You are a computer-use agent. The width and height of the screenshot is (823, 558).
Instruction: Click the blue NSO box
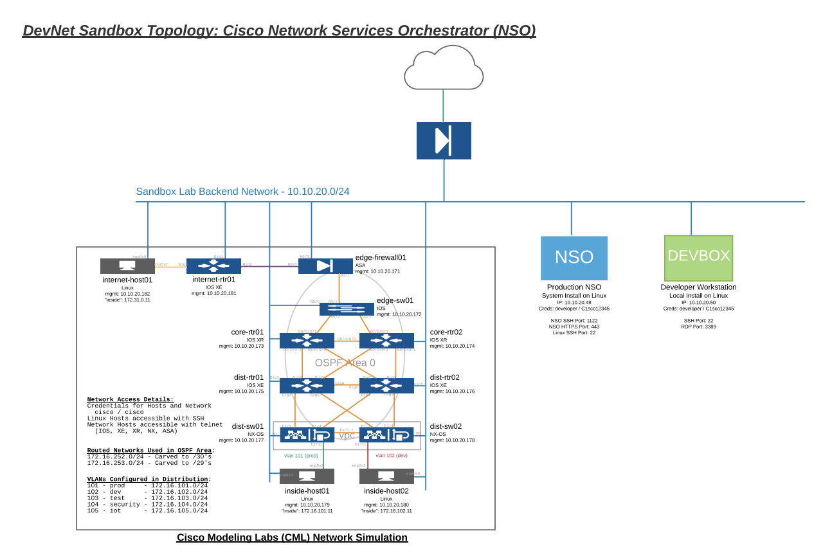click(x=574, y=257)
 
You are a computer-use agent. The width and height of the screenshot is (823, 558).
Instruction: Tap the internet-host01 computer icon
click(x=127, y=265)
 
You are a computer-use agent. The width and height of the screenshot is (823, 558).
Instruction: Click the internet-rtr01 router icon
click(x=213, y=265)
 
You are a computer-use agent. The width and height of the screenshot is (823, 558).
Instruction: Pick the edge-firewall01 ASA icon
click(x=325, y=265)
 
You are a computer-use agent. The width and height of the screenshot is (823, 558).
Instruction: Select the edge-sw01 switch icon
click(x=347, y=309)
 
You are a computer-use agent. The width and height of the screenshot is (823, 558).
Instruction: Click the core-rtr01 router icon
click(x=307, y=341)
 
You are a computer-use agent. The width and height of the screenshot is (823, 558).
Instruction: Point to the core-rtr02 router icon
click(x=386, y=341)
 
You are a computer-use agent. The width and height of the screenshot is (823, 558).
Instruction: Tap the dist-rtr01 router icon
click(x=307, y=386)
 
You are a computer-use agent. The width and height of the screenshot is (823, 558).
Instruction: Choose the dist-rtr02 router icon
click(x=386, y=386)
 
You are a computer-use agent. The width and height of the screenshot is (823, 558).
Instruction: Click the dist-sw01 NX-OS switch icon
click(x=307, y=435)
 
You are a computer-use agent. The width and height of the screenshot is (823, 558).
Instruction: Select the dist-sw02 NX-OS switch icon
click(x=386, y=435)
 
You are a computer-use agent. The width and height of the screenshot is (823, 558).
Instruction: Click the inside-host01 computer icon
click(x=307, y=476)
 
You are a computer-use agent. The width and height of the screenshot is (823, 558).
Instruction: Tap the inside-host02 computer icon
click(x=386, y=476)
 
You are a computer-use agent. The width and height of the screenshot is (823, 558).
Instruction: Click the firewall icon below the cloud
click(x=444, y=141)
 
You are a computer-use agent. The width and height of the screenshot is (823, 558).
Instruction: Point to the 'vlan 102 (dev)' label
click(x=392, y=456)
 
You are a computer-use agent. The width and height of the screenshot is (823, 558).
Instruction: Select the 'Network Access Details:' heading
click(x=130, y=399)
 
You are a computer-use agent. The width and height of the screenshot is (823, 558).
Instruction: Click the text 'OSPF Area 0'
click(x=345, y=363)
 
